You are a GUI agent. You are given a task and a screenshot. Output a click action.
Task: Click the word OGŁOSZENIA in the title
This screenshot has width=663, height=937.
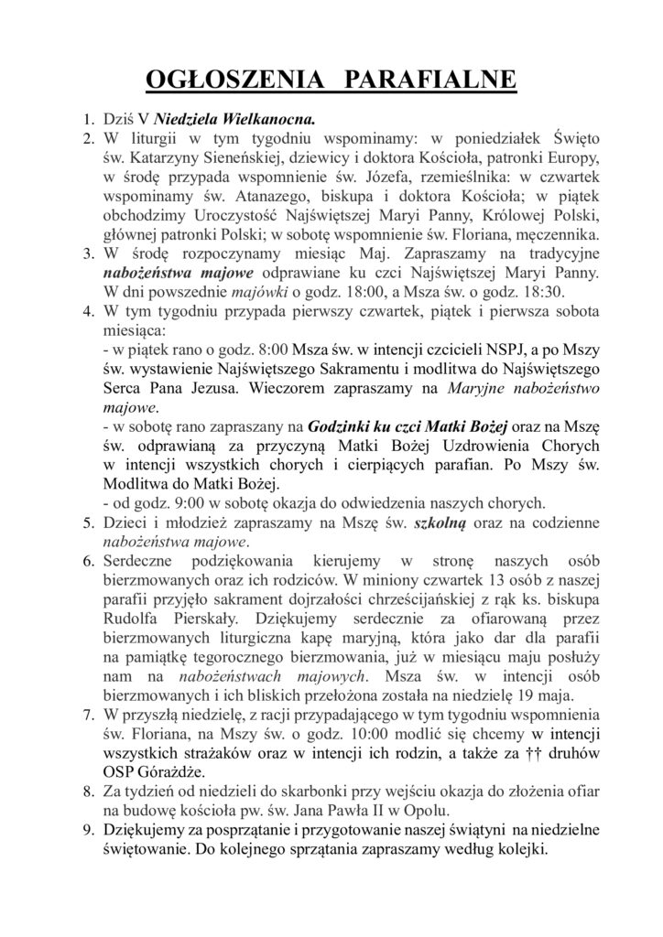click(x=234, y=81)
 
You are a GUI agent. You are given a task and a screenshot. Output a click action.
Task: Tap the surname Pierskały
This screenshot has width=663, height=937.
click(x=200, y=619)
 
